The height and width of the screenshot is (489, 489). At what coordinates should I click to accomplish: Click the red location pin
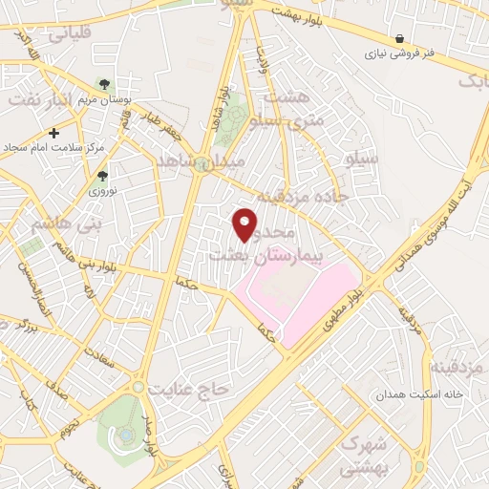pos(245,224)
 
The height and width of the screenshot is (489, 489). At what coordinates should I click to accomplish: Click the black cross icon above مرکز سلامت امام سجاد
pos(54,133)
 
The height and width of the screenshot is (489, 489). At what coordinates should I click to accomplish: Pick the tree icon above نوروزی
pos(102,176)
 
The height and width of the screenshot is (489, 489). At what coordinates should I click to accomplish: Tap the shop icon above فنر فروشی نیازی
pos(398,39)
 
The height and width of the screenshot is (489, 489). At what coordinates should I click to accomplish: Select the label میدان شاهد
pos(215,161)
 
